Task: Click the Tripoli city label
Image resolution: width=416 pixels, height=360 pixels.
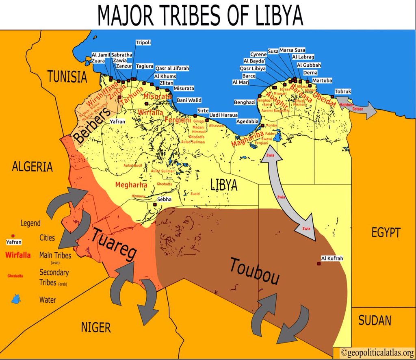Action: coord(143,42)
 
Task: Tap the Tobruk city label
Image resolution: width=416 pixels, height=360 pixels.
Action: coord(343,91)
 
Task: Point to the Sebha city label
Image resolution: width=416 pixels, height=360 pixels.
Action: coord(165,200)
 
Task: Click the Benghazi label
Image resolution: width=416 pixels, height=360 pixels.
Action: coord(245,102)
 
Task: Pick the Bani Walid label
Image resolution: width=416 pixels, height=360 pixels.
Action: coord(189,100)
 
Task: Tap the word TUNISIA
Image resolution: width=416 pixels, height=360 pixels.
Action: coord(67,77)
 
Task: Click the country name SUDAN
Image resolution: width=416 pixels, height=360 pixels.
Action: coord(375,320)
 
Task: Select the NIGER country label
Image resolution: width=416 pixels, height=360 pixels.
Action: coord(95,327)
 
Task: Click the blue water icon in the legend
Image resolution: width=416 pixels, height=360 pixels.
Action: coord(16,300)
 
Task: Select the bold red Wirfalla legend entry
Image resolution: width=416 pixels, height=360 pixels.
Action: coord(19,256)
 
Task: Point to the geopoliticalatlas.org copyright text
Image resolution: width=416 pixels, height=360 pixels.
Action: coord(374,352)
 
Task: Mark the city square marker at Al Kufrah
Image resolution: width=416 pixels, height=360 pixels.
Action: coord(319,264)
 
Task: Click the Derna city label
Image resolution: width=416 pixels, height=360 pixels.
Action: coord(310,73)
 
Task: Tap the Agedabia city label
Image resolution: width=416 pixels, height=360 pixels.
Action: coord(247,121)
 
